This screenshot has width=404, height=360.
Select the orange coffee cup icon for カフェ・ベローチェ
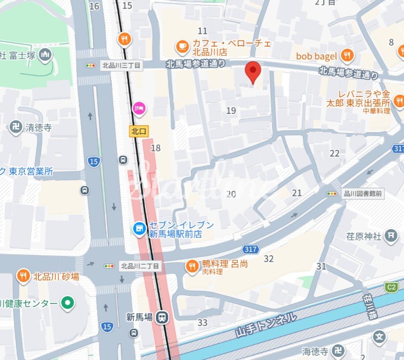click(x=181, y=47)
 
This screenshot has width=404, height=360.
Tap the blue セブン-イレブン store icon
click(x=138, y=229)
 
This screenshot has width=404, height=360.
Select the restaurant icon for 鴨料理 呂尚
click(x=192, y=266)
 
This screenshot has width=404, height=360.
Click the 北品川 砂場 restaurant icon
click(x=23, y=276)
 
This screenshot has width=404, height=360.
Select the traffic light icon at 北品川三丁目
click(x=91, y=65)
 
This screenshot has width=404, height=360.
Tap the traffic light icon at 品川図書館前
click(x=333, y=193)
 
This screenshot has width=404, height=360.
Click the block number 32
click(x=269, y=259)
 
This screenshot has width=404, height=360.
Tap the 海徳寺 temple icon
click(x=340, y=350)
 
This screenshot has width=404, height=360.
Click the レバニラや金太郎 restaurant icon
click(x=398, y=100)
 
